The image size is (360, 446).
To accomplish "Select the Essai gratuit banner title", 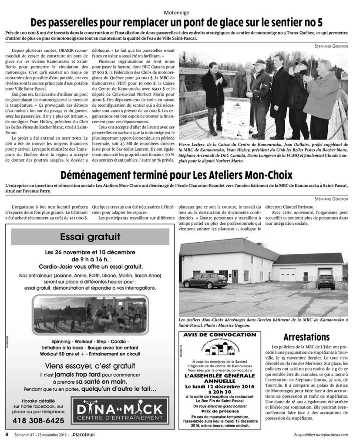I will (x=91, y=237).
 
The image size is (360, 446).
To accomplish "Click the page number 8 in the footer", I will (x=7, y=434).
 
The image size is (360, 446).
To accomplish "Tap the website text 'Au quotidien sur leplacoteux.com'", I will (x=320, y=434).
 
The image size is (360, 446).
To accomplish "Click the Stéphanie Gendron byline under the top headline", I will (x=330, y=47).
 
